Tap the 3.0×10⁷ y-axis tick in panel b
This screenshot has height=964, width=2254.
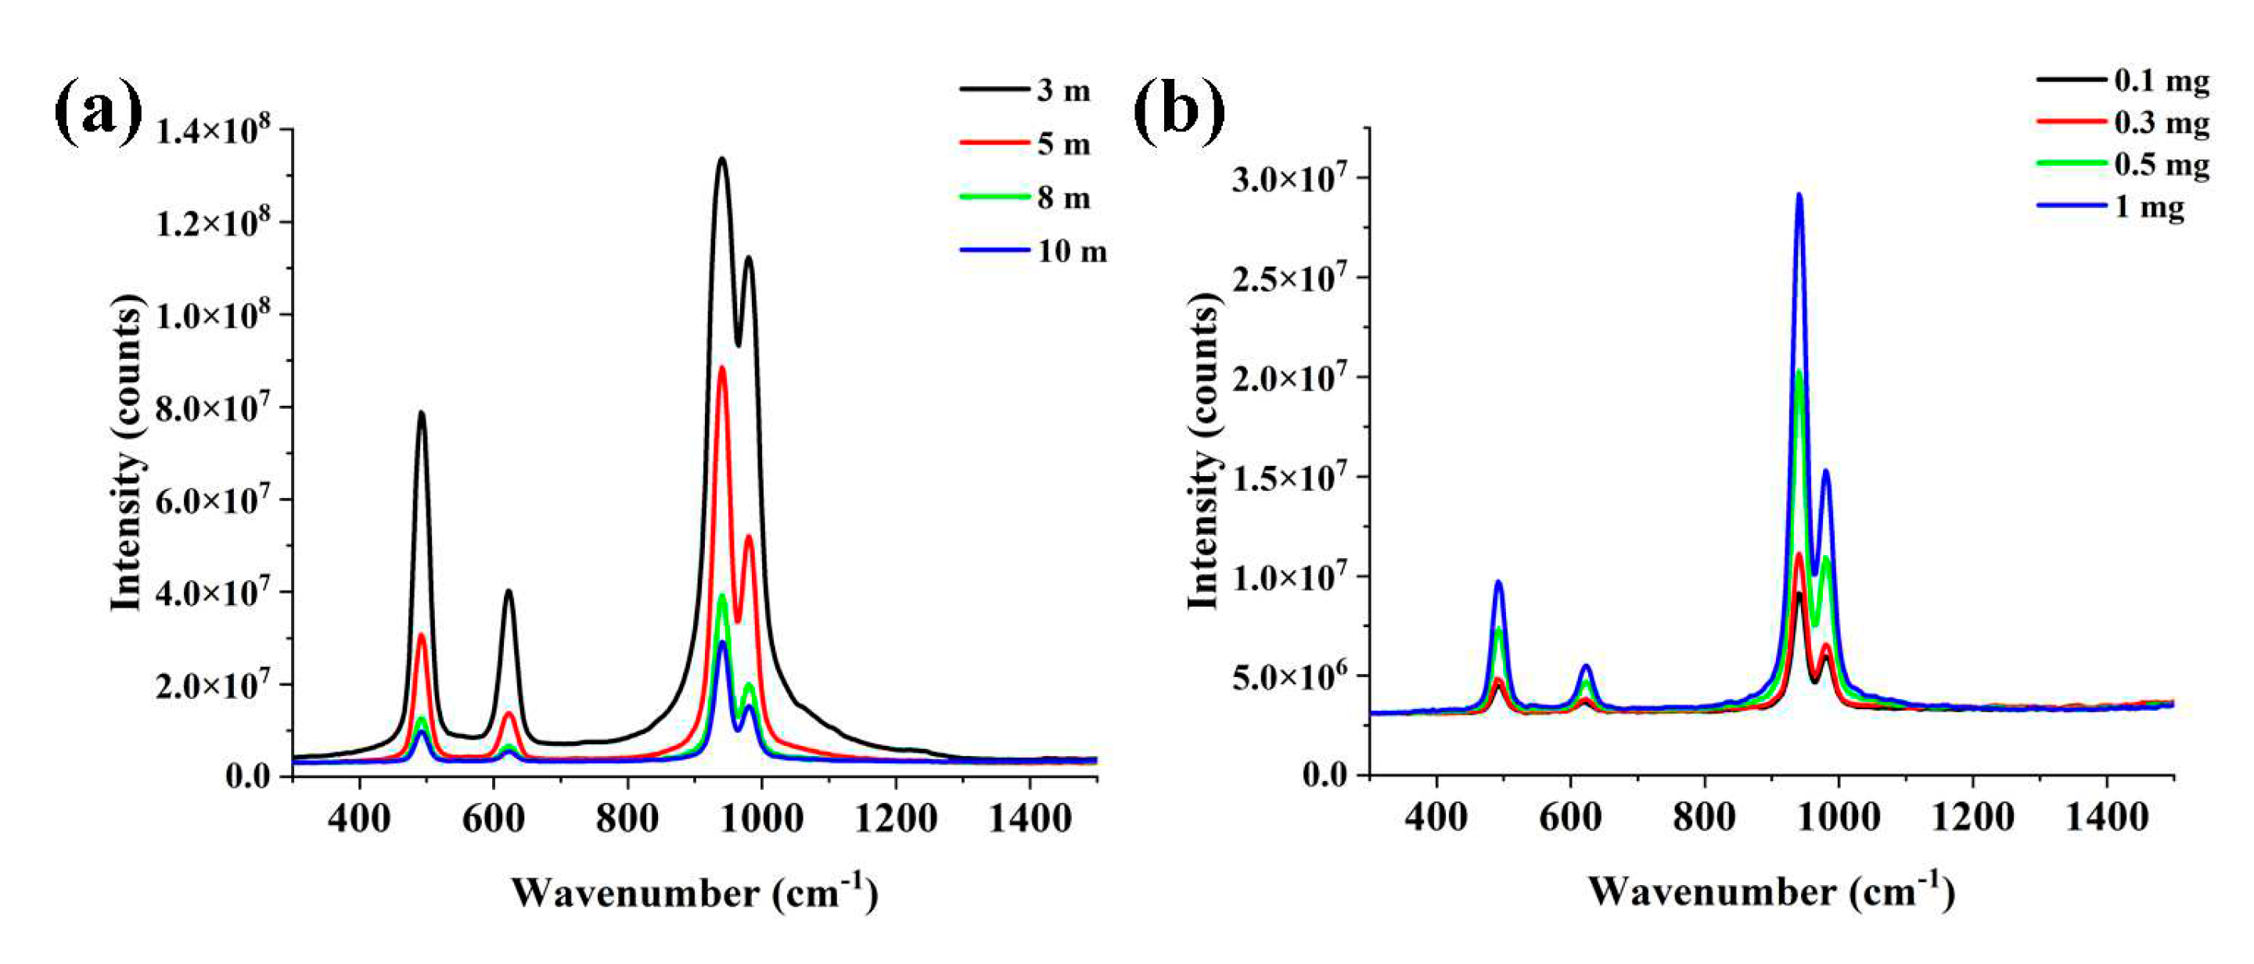(1293, 179)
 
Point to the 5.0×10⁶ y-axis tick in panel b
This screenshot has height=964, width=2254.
(1293, 677)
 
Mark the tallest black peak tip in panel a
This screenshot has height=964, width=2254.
(722, 159)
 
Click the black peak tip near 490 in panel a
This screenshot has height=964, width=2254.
(422, 412)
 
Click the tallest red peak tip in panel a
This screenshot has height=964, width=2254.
(722, 367)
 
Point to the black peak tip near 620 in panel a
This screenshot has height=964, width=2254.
(509, 590)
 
